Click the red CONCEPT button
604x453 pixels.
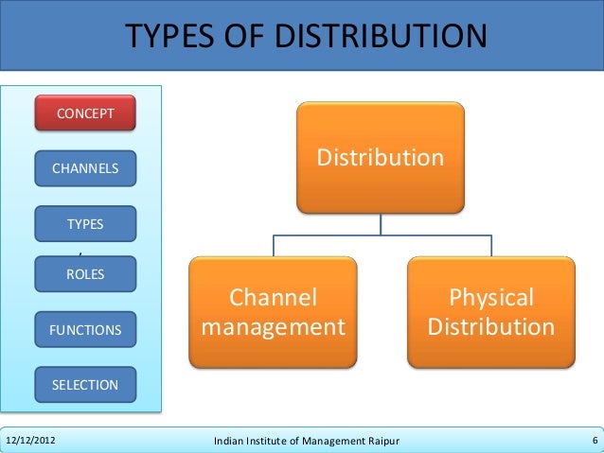pos(85,113)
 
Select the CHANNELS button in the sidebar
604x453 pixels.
pos(85,169)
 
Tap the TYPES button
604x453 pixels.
pos(85,224)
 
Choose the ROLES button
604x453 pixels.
pos(85,274)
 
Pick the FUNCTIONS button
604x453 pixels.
pos(85,330)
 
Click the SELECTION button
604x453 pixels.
pos(85,385)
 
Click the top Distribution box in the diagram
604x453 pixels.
pos(381,157)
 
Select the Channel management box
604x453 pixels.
pos(274,312)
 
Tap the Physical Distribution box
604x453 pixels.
pos(491,312)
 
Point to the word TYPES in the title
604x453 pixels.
pos(181,36)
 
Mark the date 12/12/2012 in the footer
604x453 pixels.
pos(31,441)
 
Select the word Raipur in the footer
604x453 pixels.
pos(379,441)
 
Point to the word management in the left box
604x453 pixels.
pos(274,327)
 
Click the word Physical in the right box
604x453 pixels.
pos(491,298)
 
